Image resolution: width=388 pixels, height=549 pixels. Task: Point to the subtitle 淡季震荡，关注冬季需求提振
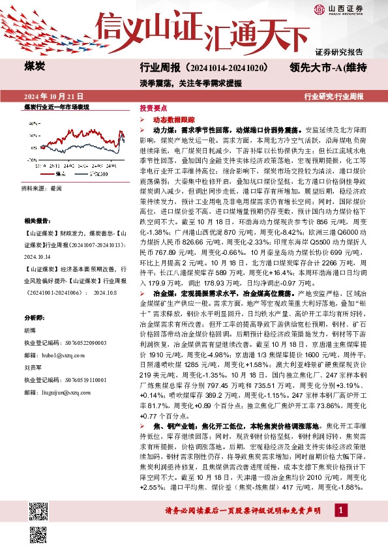(181, 83)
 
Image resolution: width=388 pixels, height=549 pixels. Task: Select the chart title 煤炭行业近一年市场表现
(56, 107)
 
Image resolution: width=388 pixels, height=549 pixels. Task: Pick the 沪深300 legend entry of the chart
(98, 174)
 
